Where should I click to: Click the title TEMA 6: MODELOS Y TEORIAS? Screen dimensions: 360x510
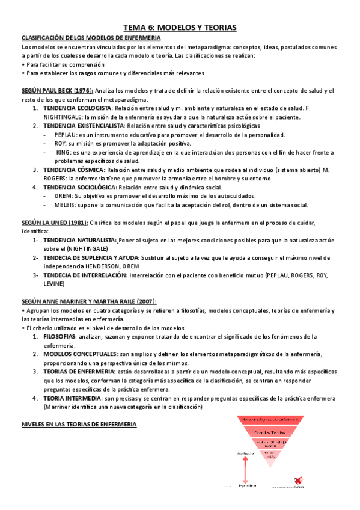click(x=180, y=28)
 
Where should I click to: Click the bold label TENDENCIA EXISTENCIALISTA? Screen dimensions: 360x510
click(x=84, y=126)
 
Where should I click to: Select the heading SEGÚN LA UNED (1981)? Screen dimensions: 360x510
click(x=54, y=223)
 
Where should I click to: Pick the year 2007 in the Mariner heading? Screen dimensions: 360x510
click(x=151, y=301)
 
